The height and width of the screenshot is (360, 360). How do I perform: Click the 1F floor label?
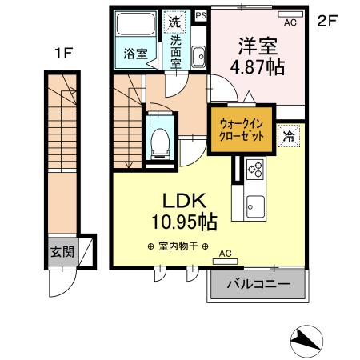[x=64, y=54]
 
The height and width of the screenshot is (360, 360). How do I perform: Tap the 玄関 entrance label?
[x=62, y=253]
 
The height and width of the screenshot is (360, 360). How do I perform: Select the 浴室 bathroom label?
[x=134, y=54]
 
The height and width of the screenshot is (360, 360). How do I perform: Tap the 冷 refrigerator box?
[x=287, y=137]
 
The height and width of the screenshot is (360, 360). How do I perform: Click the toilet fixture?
[x=159, y=141]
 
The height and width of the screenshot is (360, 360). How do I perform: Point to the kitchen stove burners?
[x=257, y=170]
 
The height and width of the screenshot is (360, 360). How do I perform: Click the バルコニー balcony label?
[x=258, y=283]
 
